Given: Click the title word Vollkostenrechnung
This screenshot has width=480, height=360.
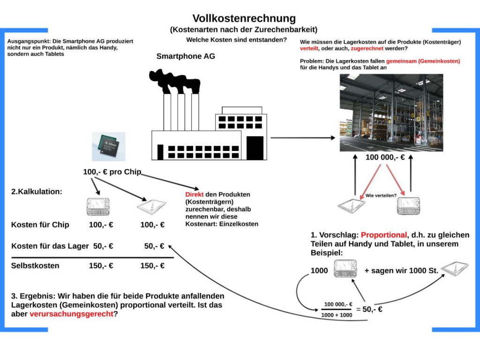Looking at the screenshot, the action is [x=244, y=18].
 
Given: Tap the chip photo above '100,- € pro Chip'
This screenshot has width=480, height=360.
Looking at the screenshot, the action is [x=109, y=147].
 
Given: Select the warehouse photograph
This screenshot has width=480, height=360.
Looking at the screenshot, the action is [x=391, y=112].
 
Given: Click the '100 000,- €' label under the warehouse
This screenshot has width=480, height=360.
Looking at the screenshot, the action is [x=385, y=157].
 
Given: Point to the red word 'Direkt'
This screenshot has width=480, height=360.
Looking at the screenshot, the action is [x=195, y=195].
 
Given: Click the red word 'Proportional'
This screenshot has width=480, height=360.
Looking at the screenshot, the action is [x=384, y=235].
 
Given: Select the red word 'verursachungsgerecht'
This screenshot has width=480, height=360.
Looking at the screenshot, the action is [x=71, y=314].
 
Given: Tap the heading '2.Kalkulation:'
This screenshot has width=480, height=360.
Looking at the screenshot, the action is [x=37, y=192].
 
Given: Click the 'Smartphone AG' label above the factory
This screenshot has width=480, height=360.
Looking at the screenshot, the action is [x=186, y=56].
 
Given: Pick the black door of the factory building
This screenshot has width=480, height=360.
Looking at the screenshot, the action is [x=255, y=148].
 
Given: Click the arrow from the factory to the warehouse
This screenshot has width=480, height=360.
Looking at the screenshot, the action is [x=303, y=138].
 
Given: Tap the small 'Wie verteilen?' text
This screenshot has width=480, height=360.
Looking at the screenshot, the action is [x=381, y=195].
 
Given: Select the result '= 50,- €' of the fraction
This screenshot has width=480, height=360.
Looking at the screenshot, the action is [x=369, y=309].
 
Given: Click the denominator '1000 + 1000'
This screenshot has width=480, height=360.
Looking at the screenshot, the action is [x=337, y=315].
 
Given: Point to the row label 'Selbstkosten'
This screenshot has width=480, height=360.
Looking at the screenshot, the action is [x=35, y=266].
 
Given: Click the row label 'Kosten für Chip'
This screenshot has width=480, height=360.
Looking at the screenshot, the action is [x=40, y=225].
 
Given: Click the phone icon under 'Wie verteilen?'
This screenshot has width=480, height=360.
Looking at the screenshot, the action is [x=408, y=206].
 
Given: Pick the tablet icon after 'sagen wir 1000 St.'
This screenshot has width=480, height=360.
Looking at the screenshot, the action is [x=455, y=268].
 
